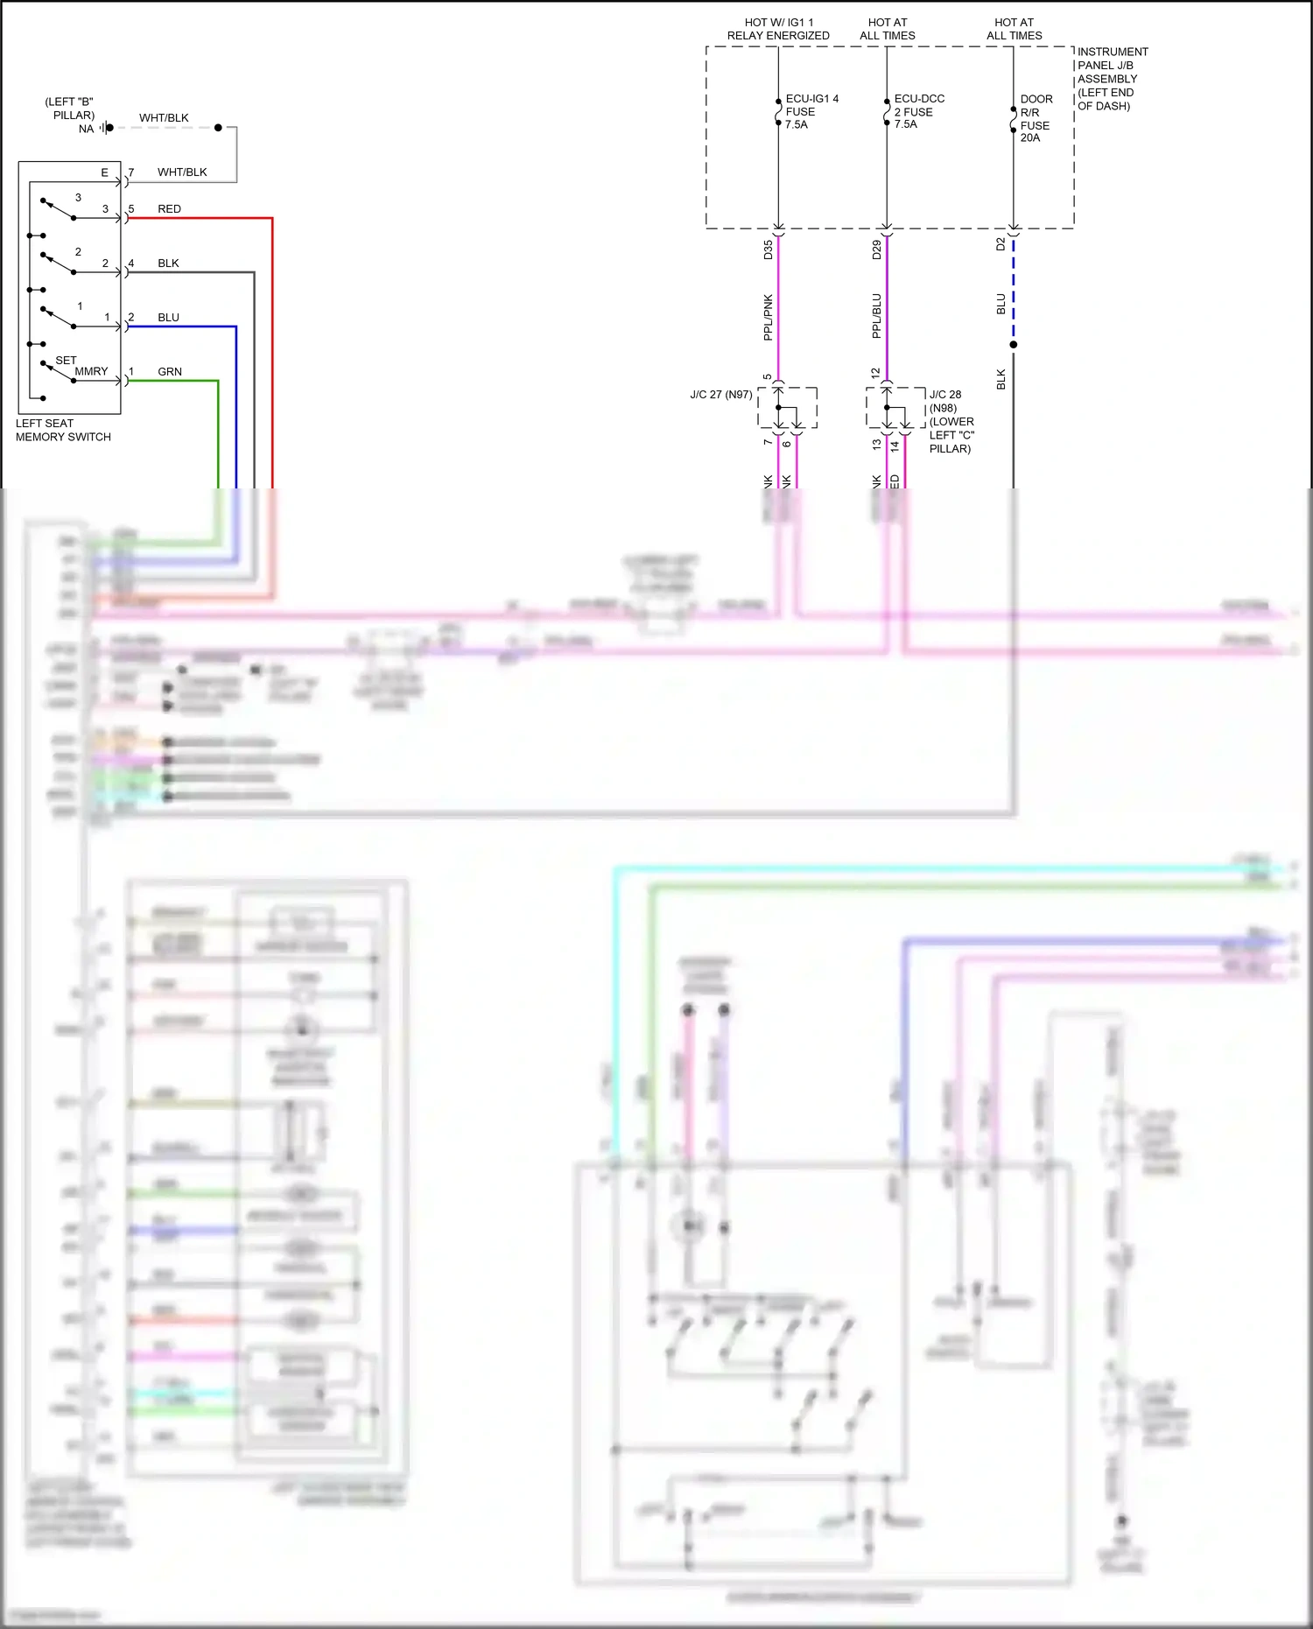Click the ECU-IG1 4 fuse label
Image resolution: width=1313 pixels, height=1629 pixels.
pos(811,111)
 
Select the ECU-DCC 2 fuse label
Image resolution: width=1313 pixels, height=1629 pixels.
pos(918,111)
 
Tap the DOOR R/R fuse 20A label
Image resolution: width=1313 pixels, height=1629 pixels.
pos(1036,118)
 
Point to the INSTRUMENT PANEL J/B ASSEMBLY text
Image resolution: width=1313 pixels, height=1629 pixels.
pos(1112,79)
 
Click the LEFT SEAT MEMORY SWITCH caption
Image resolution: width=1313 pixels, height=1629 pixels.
pos(63,430)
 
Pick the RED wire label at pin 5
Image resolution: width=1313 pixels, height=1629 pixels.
pos(169,209)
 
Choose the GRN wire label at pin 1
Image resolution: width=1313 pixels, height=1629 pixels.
pos(170,372)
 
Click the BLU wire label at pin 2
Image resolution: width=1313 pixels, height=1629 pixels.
pos(168,318)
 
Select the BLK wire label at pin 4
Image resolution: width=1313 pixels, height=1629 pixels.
pos(168,263)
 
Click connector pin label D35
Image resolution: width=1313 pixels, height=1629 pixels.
pos(768,249)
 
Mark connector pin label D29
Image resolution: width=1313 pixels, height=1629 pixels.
pos(876,249)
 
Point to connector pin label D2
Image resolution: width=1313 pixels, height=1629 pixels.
pos(1001,244)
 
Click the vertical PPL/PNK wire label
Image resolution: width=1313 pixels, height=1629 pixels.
pos(768,317)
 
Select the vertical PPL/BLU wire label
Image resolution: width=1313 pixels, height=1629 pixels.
pos(876,316)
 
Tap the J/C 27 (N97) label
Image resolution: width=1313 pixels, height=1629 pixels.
pos(720,395)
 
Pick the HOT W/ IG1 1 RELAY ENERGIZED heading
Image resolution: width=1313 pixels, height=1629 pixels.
pos(778,29)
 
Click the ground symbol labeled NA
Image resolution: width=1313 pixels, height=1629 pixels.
pos(105,128)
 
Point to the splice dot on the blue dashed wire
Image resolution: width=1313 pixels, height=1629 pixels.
pos(1014,345)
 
